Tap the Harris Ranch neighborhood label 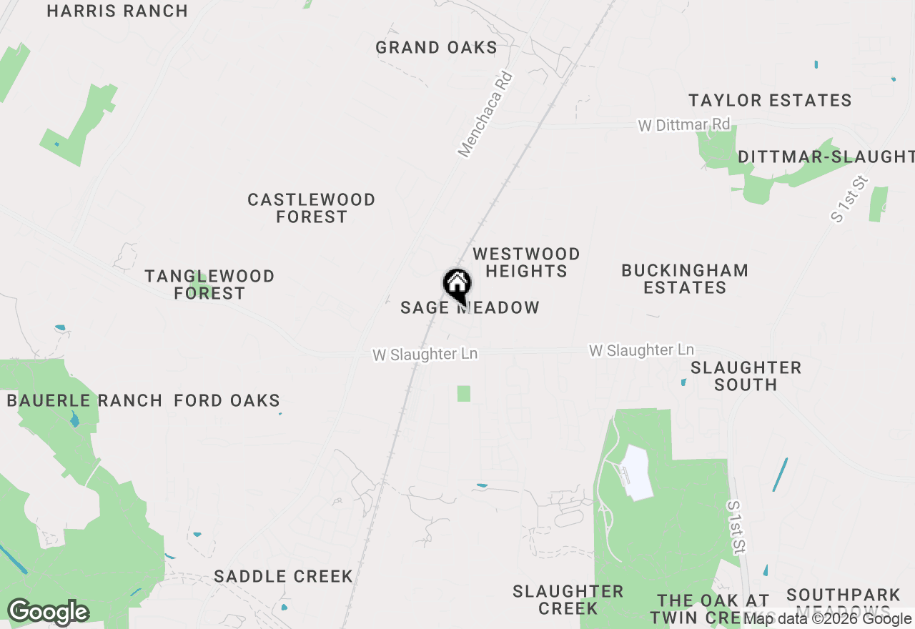[117, 11]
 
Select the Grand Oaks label [436, 48]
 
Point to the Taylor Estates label [770, 100]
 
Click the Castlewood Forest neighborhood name [312, 208]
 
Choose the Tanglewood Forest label [209, 284]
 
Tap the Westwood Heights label [526, 262]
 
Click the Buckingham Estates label [685, 279]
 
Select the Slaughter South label [746, 376]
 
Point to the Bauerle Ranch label [84, 400]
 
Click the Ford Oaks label [227, 400]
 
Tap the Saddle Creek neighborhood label [283, 576]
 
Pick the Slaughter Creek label [568, 600]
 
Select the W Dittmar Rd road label [684, 125]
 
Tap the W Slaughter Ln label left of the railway [425, 355]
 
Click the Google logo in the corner [48, 612]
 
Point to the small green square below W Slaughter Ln [464, 393]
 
